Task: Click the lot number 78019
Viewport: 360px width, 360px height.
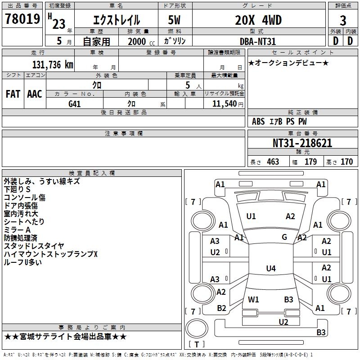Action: click(22, 18)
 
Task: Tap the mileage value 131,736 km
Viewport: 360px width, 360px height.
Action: click(53, 64)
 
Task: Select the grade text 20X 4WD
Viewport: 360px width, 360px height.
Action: click(258, 20)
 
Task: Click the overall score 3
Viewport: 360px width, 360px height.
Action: click(343, 20)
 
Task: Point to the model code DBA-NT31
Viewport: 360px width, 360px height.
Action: click(257, 41)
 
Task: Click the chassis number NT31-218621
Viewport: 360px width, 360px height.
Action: click(302, 143)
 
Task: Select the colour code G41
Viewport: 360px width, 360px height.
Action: click(75, 104)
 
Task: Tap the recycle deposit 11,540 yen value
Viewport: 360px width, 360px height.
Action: click(228, 104)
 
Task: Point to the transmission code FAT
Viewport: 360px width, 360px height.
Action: click(13, 94)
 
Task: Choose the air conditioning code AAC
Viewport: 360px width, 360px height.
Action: click(35, 94)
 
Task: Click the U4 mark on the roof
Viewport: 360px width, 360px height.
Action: click(271, 268)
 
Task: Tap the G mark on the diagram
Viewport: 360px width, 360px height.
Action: click(284, 237)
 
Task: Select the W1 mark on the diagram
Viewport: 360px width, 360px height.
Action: click(253, 299)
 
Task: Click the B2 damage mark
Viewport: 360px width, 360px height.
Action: click(221, 308)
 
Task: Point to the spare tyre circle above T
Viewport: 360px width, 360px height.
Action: click(197, 328)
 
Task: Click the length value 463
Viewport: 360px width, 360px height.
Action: click(273, 162)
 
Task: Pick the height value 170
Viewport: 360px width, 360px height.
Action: click(346, 162)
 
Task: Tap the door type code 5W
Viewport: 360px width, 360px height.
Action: click(174, 20)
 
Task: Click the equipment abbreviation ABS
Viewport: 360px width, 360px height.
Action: click(258, 121)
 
